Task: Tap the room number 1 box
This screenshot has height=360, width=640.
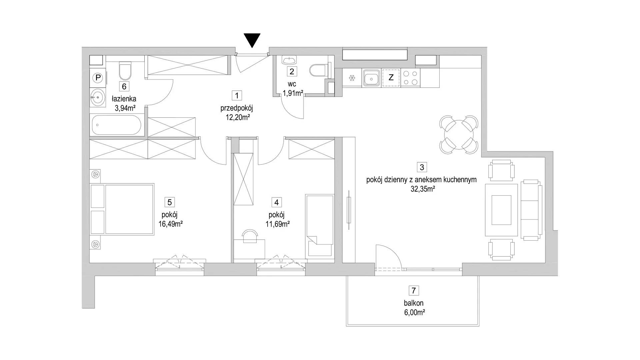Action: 237,96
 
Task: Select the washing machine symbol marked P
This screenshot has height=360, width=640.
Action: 98,78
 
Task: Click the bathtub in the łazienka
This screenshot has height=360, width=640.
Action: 116,125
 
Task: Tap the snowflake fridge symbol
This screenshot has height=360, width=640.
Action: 352,78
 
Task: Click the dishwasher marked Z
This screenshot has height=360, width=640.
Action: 391,78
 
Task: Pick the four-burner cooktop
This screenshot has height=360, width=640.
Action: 410,78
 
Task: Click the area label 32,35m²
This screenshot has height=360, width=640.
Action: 421,189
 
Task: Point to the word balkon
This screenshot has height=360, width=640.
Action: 413,303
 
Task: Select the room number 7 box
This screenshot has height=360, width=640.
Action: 414,290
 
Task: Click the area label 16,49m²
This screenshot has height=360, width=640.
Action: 170,224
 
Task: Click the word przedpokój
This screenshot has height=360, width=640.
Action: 237,108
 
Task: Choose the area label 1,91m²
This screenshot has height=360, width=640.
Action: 293,93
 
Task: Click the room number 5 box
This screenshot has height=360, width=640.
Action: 170,202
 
